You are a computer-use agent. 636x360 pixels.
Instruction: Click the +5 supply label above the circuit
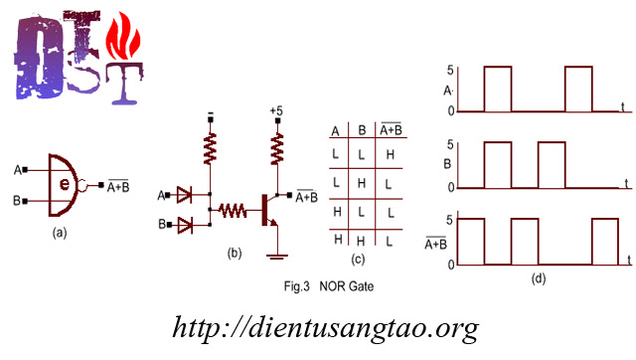click(x=276, y=110)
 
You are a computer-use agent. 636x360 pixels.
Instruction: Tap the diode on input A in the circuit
click(x=184, y=196)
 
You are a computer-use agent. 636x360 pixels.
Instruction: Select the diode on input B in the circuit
click(x=184, y=224)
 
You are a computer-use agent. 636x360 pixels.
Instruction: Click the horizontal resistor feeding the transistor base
click(x=233, y=211)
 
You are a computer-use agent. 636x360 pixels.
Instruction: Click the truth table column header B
click(x=361, y=131)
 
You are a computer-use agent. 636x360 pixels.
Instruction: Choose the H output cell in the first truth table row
click(x=390, y=155)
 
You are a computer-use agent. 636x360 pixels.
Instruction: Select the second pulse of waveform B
click(x=551, y=164)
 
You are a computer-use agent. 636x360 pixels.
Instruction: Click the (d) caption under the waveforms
click(x=538, y=278)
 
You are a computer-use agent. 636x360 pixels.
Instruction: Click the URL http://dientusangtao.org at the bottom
click(x=326, y=327)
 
